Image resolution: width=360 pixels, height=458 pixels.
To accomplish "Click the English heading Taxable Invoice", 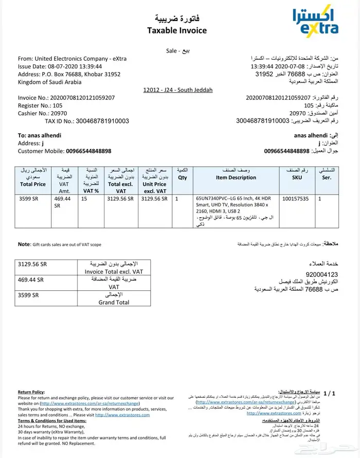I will pyautogui.click(x=177, y=30).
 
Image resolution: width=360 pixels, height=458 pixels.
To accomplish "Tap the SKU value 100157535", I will pyautogui.click(x=296, y=198).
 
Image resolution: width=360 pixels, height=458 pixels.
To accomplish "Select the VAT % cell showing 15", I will pyautogui.click(x=84, y=198).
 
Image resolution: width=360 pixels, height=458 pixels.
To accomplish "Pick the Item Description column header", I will pyautogui.click(x=236, y=178).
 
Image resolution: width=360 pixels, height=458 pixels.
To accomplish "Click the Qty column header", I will pyautogui.click(x=182, y=178).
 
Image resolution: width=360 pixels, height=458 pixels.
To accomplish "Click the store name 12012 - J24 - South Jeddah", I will pyautogui.click(x=178, y=90).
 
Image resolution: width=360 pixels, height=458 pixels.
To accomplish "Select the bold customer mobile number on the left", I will pyautogui.click(x=88, y=151).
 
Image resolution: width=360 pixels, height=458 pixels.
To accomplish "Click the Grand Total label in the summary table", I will pyautogui.click(x=114, y=303).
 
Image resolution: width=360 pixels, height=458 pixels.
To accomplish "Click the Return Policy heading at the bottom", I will pyautogui.click(x=31, y=392).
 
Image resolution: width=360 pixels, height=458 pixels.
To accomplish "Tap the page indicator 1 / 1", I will pyautogui.click(x=329, y=394).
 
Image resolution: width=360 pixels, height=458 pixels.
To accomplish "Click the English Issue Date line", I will pyautogui.click(x=60, y=66).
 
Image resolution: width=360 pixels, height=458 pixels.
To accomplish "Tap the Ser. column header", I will pyautogui.click(x=327, y=178).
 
